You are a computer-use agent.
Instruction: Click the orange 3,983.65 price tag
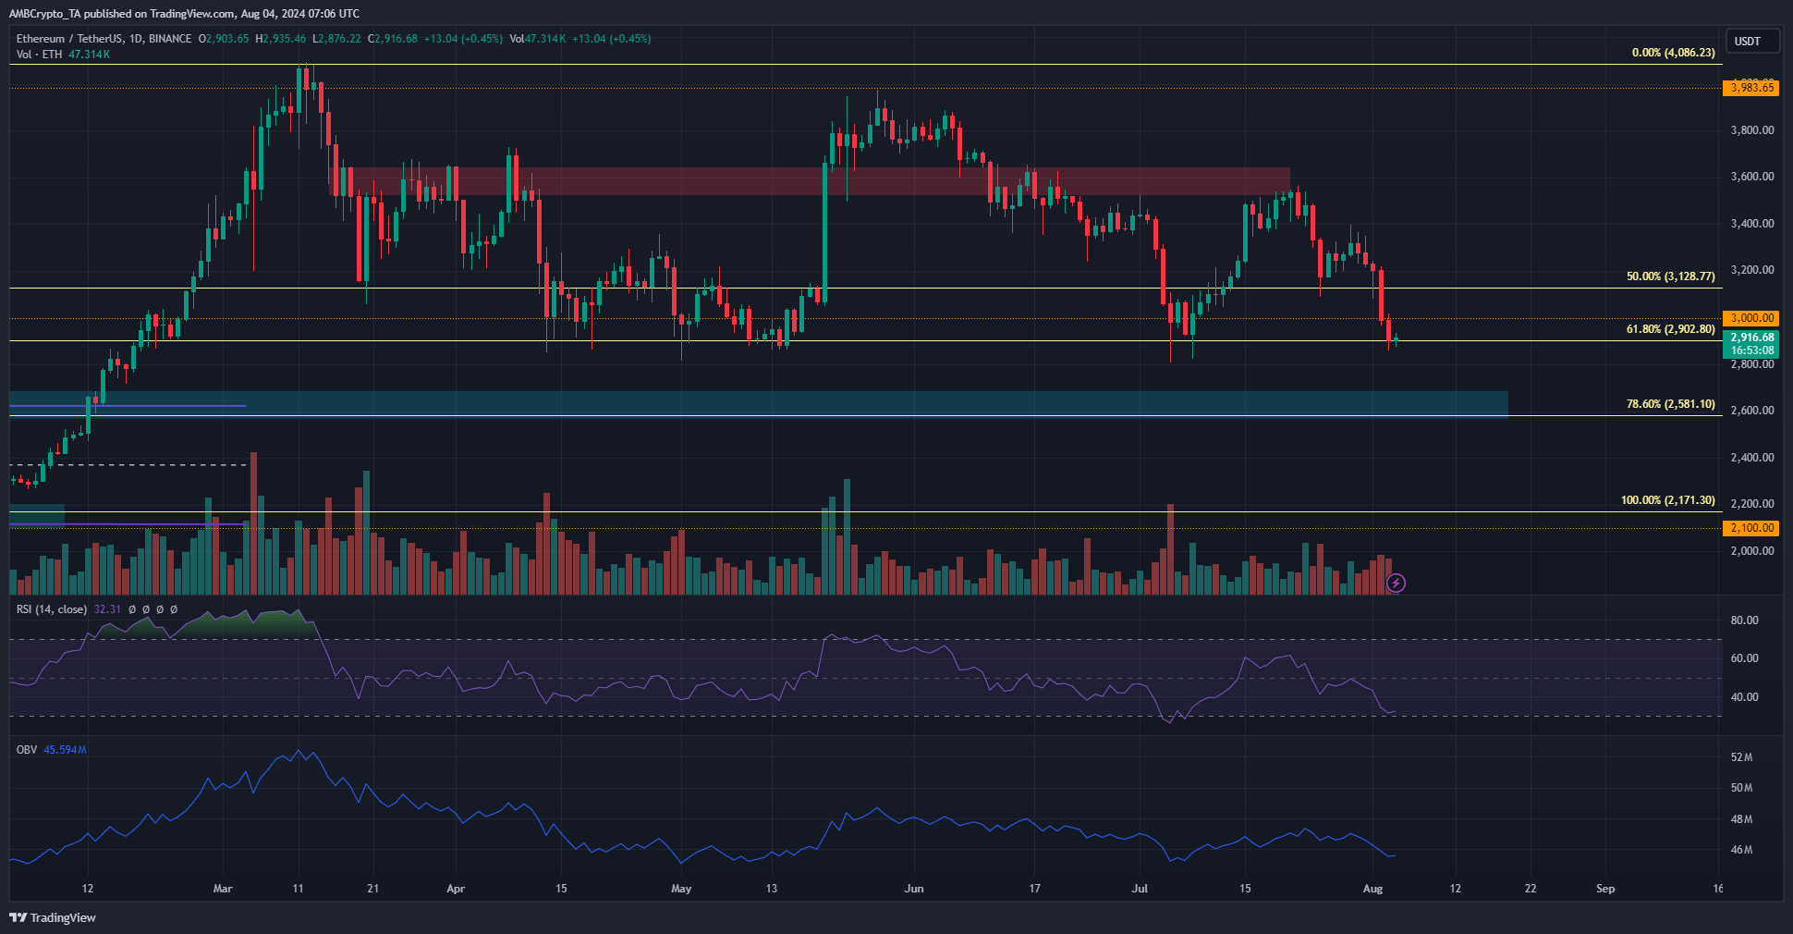[1750, 88]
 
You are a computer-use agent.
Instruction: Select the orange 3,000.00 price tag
[1750, 318]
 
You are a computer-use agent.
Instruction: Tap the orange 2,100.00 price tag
[1750, 528]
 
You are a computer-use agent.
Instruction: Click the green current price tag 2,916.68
[1750, 344]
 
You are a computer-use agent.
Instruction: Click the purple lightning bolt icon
[1397, 583]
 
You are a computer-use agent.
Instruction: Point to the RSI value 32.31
[107, 609]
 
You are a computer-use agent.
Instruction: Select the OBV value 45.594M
[65, 750]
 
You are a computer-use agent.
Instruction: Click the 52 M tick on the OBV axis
[1741, 757]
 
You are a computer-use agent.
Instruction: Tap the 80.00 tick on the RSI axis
[1744, 621]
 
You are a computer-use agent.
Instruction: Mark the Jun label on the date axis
[913, 889]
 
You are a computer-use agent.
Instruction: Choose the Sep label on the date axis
[1605, 889]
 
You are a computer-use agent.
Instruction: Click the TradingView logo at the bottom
[53, 917]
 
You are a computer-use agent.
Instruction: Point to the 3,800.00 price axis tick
[1752, 130]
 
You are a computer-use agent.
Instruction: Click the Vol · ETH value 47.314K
[90, 55]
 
